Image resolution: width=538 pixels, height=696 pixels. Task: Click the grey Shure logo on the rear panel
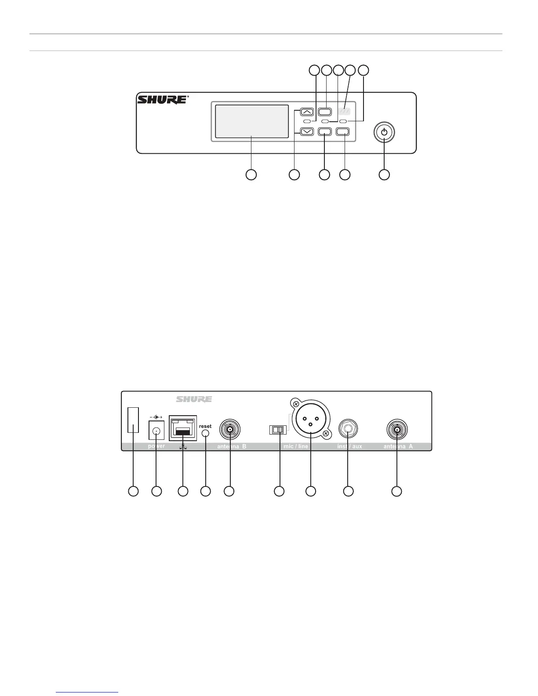[194, 399]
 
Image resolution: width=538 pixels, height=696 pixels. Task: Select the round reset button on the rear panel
[205, 433]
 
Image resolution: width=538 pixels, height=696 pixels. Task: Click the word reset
[205, 426]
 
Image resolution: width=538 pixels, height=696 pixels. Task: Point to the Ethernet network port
[182, 428]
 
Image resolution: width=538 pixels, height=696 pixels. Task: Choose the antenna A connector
[396, 429]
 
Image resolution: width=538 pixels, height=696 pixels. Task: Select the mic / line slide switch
[278, 430]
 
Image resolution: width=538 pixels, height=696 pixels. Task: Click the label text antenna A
[398, 446]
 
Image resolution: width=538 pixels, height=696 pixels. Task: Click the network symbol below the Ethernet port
[182, 446]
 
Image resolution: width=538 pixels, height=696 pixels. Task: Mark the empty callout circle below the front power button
[384, 174]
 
